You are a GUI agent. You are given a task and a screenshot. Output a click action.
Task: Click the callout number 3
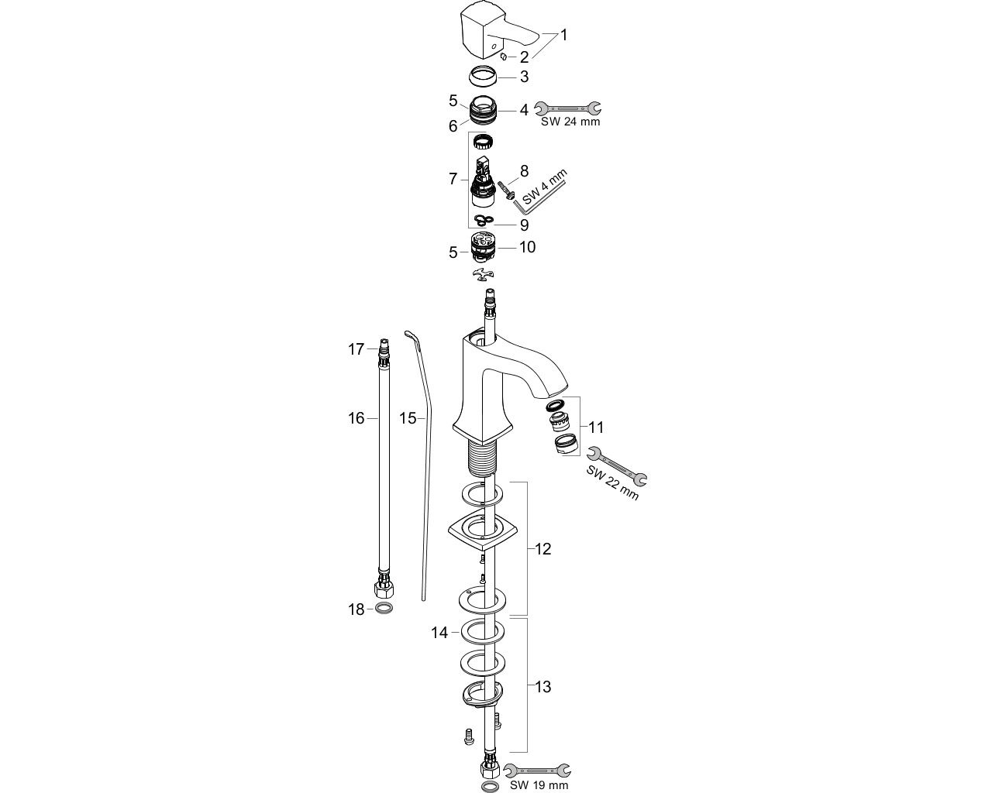(x=525, y=77)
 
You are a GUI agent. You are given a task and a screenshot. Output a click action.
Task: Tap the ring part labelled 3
(x=484, y=77)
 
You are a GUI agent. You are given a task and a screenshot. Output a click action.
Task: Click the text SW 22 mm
(x=613, y=482)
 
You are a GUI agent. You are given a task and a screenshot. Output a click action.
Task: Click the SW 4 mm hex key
(x=542, y=196)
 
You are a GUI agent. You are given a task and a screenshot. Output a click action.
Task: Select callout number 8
(x=525, y=170)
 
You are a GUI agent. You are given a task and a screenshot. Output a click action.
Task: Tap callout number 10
(x=527, y=247)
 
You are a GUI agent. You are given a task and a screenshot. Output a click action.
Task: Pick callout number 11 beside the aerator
(x=596, y=427)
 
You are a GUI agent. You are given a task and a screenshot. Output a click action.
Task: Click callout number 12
(x=542, y=549)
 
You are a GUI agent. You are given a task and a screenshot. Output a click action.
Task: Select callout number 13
(x=542, y=687)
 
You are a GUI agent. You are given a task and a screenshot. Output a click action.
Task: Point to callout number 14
(x=439, y=633)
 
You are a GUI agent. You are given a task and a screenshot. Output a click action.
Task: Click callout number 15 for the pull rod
(x=408, y=418)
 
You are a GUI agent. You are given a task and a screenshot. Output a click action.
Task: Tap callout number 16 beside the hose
(x=356, y=418)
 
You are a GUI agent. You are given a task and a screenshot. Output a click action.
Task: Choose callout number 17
(x=356, y=349)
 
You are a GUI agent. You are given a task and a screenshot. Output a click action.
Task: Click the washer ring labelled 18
(x=384, y=609)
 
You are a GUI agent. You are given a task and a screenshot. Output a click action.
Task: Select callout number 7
(x=453, y=179)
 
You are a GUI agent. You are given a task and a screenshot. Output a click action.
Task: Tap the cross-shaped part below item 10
(x=482, y=274)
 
